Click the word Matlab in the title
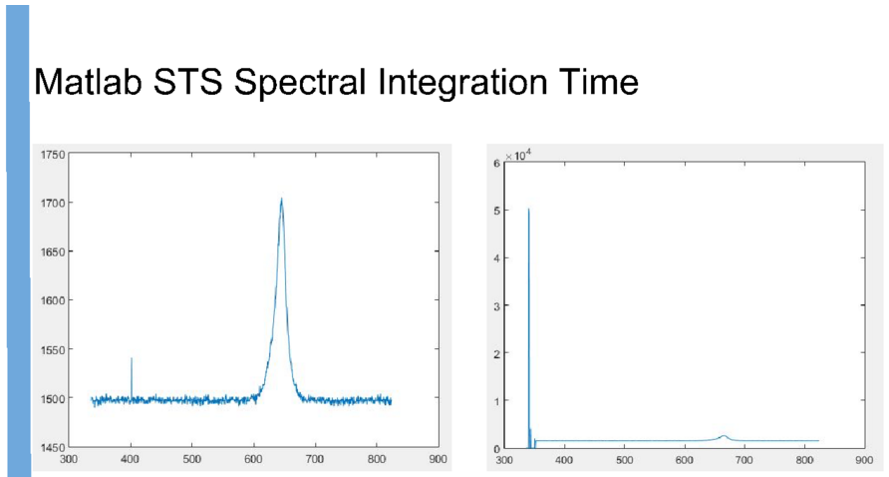pos(88,82)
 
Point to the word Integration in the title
pos(462,84)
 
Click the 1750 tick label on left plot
pos(53,155)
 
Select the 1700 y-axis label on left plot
pos(53,203)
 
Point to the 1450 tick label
pos(53,448)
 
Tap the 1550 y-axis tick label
pos(53,350)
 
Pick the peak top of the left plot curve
pos(281,199)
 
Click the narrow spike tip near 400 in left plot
pos(132,358)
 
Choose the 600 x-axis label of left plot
pos(253,459)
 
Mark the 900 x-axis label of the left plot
pos(438,459)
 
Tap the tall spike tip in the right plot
pos(528,209)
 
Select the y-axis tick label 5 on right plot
pos(496,211)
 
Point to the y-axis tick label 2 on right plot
pos(496,354)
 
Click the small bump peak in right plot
pos(724,435)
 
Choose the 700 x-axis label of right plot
pos(744,459)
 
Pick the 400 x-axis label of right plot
pos(564,459)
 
